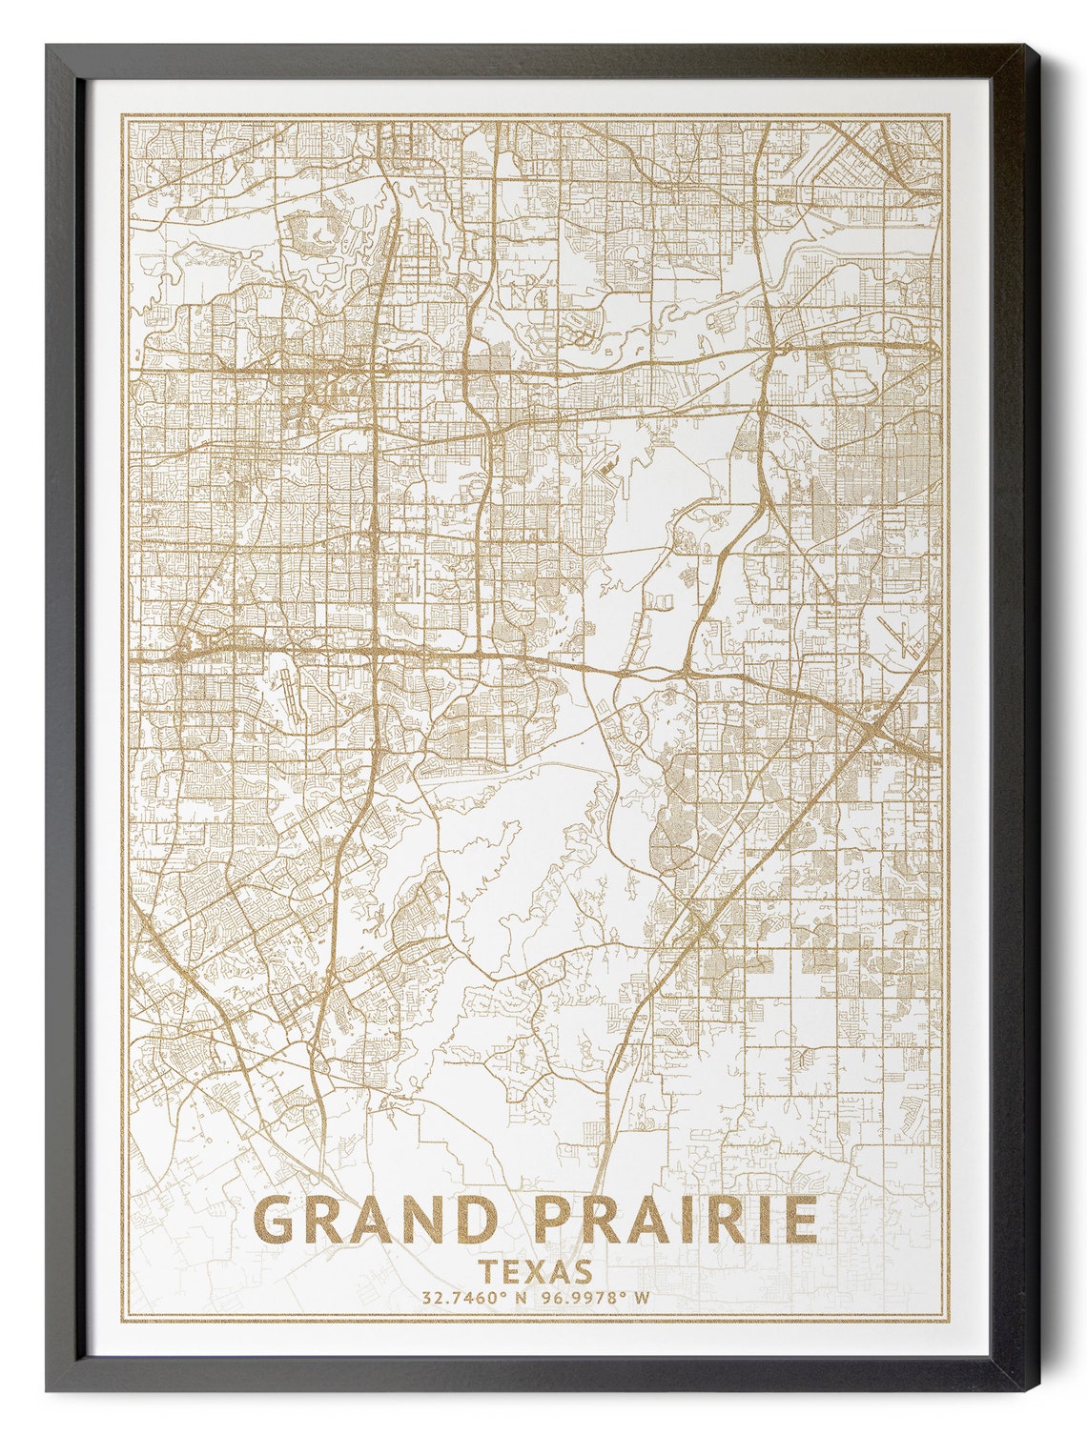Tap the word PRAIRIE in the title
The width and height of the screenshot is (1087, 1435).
point(676,1220)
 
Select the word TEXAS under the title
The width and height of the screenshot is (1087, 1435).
point(536,1271)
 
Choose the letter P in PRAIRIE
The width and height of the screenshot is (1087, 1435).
point(554,1220)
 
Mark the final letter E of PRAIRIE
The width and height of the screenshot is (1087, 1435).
point(799,1220)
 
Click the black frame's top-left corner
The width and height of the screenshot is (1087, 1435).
point(48,45)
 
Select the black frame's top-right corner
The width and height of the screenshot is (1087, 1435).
point(1037,45)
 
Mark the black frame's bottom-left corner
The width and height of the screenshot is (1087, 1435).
point(48,1391)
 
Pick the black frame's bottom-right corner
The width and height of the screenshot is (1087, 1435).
point(1037,1391)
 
